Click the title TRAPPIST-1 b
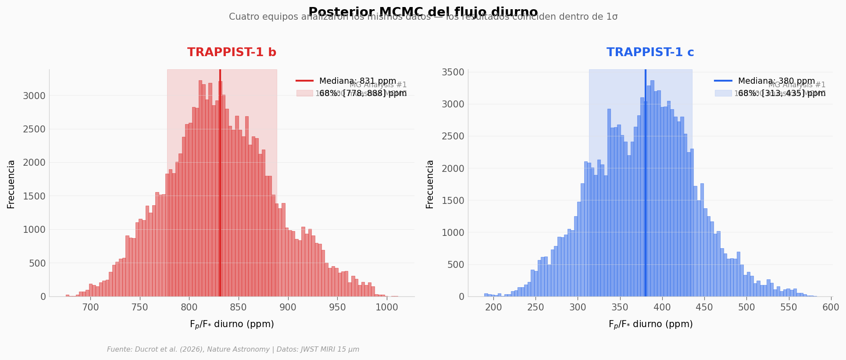pos(232,53)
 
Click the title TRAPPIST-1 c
pos(650,53)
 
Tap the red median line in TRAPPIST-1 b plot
pos(220,184)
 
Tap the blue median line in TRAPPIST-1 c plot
pos(646,184)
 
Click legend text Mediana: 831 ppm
pos(357,81)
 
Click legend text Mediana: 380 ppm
pos(776,81)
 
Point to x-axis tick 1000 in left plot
pos(387,307)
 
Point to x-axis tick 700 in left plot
pos(91,307)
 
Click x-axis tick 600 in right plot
pos(831,307)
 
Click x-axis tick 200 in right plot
pos(493,307)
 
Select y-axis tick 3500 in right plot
pos(455,72)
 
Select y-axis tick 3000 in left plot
pos(34,96)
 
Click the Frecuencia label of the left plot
pos(11,184)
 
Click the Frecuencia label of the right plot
pos(430,184)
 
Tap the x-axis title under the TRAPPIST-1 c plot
pos(650,324)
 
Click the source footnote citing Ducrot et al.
pos(233,349)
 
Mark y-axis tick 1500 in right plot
pos(455,200)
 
